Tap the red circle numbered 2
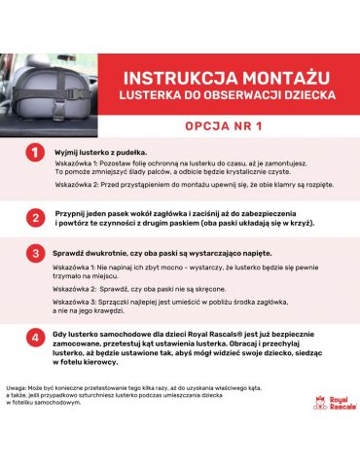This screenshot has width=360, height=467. click(x=35, y=217)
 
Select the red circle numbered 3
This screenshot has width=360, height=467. click(x=35, y=254)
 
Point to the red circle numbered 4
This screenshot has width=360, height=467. click(x=35, y=338)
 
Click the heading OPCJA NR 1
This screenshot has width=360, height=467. click(x=228, y=126)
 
